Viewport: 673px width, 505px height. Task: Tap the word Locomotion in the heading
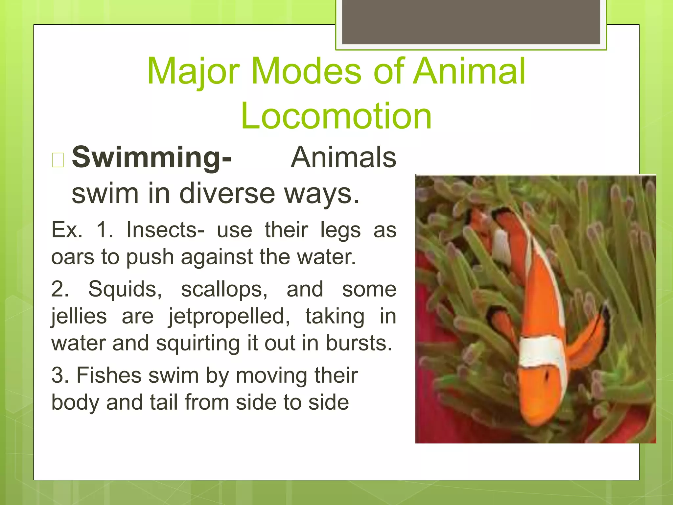pos(336,116)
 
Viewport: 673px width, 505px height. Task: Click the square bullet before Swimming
pos(58,160)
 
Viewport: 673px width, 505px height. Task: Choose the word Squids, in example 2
pos(125,289)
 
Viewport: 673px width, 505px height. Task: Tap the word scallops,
pos(224,289)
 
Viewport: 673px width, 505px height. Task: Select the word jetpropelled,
pos(229,317)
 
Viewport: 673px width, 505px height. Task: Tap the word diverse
pos(227,193)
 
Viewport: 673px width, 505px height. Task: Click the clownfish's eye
pos(546,375)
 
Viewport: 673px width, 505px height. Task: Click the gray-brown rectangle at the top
pos(471,22)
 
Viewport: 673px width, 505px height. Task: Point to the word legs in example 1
pos(340,230)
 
